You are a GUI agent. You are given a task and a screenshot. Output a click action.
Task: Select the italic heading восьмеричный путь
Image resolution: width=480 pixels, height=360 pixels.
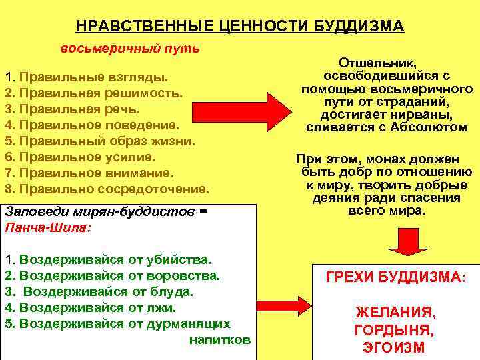(130, 49)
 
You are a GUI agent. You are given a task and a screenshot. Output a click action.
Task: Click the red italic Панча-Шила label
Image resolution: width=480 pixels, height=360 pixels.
(46, 227)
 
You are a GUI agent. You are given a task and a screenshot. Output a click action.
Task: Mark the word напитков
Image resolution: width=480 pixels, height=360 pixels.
(220, 339)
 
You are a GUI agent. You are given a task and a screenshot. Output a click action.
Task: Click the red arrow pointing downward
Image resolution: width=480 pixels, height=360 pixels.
(403, 243)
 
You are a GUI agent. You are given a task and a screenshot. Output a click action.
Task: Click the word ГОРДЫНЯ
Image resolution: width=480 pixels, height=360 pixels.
(395, 331)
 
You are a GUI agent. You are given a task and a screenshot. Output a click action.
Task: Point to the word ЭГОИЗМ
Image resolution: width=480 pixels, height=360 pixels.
(395, 348)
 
